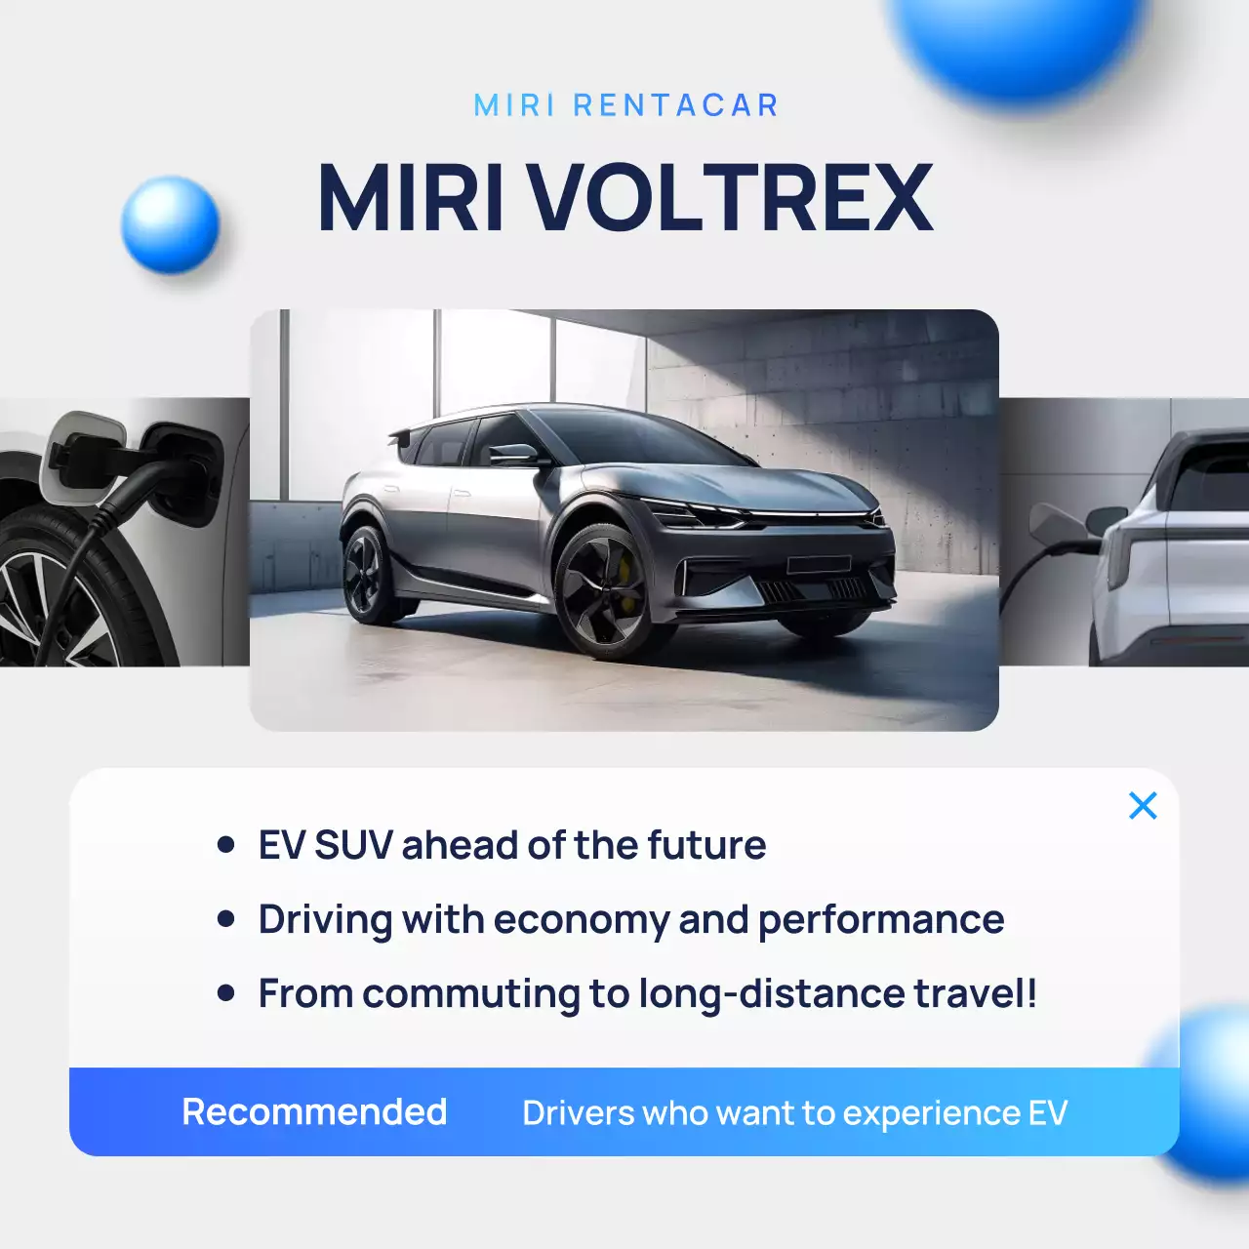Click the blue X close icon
(x=1143, y=806)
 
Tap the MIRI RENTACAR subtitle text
(x=625, y=105)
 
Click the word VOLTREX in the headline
(x=731, y=199)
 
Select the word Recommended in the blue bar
(x=314, y=1112)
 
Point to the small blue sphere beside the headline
(x=171, y=224)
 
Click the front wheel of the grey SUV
(x=602, y=588)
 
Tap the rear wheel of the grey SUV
(x=366, y=574)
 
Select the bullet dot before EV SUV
(x=226, y=845)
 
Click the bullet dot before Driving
(x=226, y=919)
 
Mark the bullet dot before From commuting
(x=226, y=993)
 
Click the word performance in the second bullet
(x=881, y=920)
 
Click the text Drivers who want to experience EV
(x=794, y=1113)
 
